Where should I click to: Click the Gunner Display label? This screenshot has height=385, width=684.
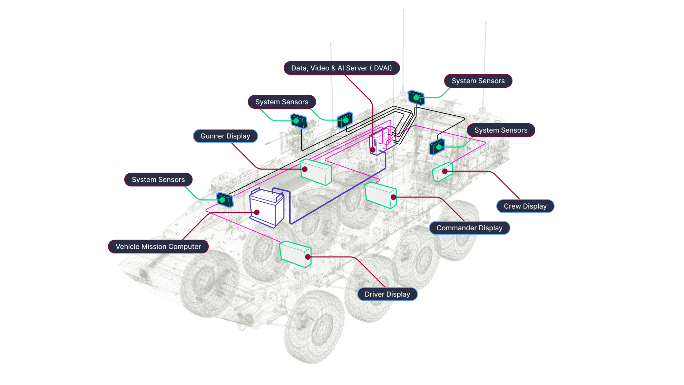point(225,136)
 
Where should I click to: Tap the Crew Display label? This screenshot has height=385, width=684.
point(525,206)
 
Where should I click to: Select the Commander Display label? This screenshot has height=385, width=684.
point(469,228)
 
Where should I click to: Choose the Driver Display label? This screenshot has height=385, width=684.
point(387,294)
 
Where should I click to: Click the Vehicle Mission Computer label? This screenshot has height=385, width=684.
point(158,247)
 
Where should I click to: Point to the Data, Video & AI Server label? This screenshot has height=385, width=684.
point(341,68)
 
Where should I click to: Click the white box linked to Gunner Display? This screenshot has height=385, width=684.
point(316,172)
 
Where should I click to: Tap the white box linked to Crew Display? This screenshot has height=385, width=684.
point(442,172)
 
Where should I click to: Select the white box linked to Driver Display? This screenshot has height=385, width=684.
point(295,254)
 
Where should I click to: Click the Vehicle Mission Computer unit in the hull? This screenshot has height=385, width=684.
point(267,208)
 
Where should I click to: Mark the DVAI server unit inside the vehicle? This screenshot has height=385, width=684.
point(382,141)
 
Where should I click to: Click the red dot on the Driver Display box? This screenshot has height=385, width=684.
point(308,257)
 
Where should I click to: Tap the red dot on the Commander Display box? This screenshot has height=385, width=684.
point(393,197)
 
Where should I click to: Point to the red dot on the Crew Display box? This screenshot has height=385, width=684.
point(445,171)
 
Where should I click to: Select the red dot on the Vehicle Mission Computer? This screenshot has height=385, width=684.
point(257,212)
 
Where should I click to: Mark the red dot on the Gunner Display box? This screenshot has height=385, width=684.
point(305,169)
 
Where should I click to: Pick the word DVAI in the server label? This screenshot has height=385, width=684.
point(383,68)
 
